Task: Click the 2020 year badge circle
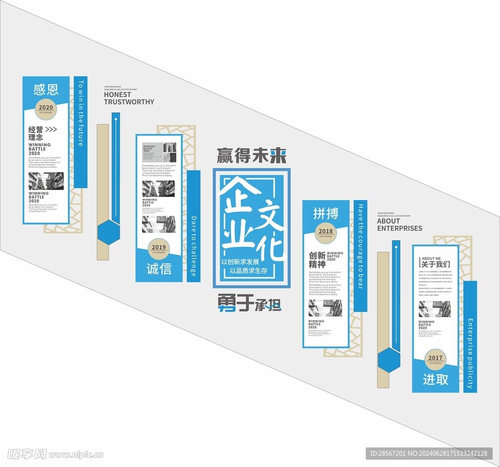click(x=45, y=109)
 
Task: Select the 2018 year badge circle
click(x=326, y=232)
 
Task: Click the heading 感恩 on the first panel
click(x=46, y=89)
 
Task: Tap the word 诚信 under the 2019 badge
click(x=159, y=269)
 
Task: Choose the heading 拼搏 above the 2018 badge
click(x=326, y=213)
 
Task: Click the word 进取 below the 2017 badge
click(x=435, y=379)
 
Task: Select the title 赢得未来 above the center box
click(x=251, y=156)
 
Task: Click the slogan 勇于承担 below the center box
click(x=250, y=304)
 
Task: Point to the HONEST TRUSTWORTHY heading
click(x=128, y=98)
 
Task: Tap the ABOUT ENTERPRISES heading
click(x=399, y=224)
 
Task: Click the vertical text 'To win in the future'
click(x=81, y=113)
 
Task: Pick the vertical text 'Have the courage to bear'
click(x=360, y=246)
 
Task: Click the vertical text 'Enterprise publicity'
click(x=470, y=354)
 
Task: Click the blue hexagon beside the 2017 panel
click(x=389, y=360)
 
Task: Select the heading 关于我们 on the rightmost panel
click(x=436, y=264)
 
